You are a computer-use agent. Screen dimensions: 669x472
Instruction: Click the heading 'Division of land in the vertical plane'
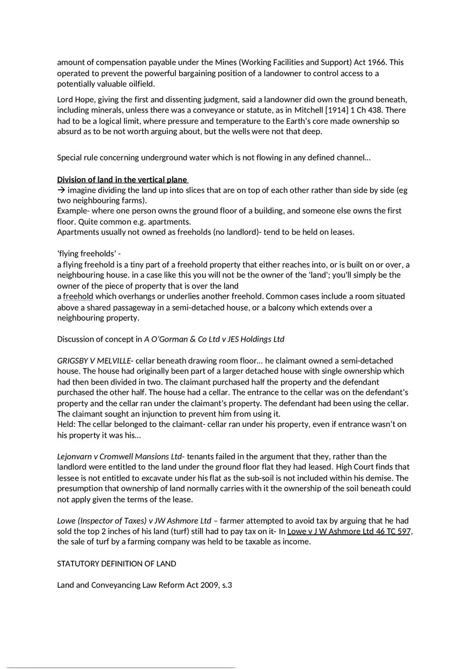coord(122,180)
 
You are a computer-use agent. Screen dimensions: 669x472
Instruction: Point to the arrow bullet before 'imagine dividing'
coord(61,190)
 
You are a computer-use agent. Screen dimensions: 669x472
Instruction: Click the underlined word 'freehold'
coord(78,296)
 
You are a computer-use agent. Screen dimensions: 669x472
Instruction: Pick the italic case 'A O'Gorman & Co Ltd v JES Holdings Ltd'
coord(214,339)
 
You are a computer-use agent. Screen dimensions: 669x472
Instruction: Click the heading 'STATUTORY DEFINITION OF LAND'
coord(116,564)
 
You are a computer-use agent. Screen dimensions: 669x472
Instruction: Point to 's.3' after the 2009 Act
coord(227,585)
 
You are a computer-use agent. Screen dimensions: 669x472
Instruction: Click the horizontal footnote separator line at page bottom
coord(121,668)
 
